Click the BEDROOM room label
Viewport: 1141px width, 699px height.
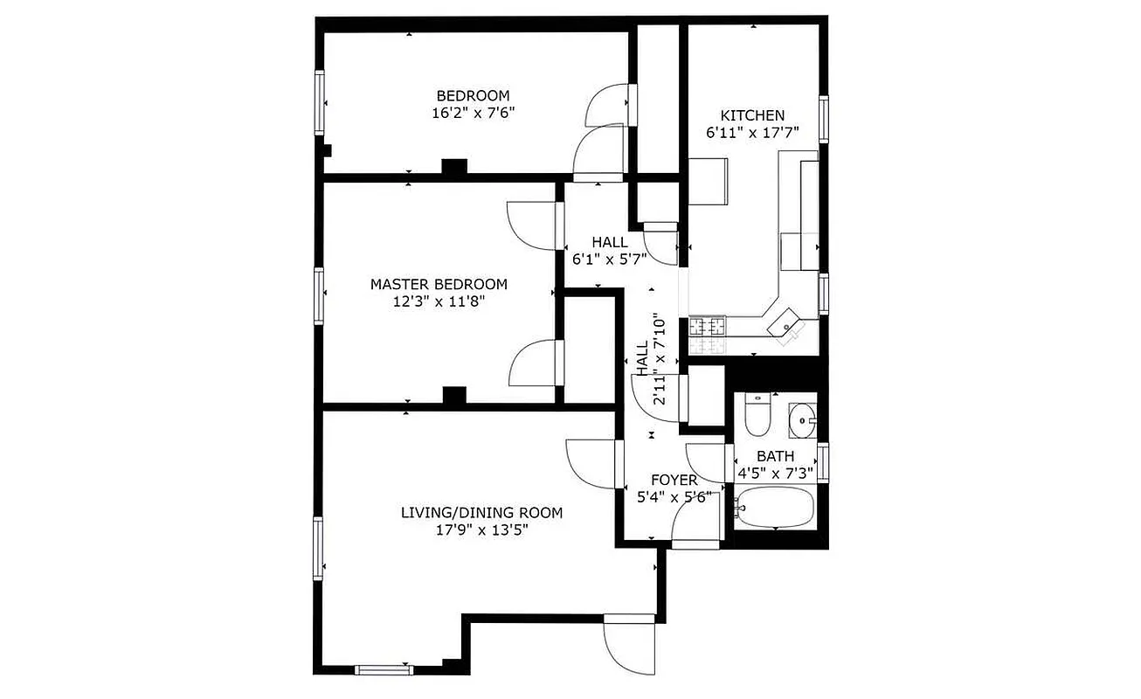point(473,95)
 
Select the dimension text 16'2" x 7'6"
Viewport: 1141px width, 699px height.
point(473,112)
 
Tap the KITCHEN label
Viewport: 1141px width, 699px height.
point(751,115)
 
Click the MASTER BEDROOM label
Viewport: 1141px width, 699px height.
point(439,284)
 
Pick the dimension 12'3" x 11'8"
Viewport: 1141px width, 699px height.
point(439,301)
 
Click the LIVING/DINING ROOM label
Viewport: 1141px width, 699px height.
point(481,513)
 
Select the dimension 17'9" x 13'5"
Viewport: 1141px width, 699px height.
point(481,529)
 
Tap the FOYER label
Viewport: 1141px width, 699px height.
point(674,481)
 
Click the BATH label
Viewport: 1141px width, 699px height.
point(775,456)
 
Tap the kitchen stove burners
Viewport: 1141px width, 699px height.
point(708,328)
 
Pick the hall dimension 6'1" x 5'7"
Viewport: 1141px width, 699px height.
point(609,260)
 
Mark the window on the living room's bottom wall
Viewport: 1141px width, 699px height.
point(383,670)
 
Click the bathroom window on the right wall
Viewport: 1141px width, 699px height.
point(822,461)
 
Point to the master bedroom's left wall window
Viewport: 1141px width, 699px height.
point(319,295)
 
